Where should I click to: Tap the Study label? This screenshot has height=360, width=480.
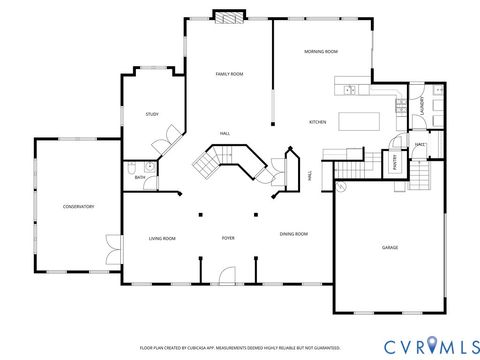click(x=152, y=115)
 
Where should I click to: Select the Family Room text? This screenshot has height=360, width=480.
click(x=230, y=74)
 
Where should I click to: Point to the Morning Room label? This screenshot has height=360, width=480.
click(x=321, y=51)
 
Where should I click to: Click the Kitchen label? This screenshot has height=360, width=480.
click(x=317, y=122)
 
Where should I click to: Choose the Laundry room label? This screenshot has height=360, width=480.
click(x=424, y=103)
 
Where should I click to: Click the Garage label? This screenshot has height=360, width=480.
click(x=389, y=247)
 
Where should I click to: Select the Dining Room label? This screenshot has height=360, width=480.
click(x=293, y=233)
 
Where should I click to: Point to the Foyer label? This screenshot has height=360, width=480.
click(x=228, y=238)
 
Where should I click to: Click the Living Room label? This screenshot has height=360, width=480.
click(x=162, y=238)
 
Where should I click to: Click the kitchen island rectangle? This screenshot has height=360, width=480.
click(x=359, y=121)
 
